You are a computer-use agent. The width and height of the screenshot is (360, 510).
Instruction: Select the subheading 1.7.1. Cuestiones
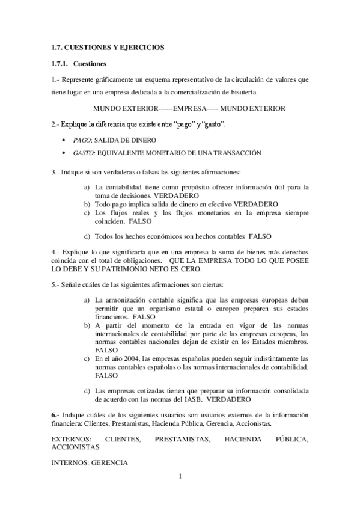coord(78,63)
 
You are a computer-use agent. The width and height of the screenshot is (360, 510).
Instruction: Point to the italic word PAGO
coord(81,140)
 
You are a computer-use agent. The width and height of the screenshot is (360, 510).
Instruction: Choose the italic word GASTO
coord(83,153)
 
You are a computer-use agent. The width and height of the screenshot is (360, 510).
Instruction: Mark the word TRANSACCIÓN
coord(234,153)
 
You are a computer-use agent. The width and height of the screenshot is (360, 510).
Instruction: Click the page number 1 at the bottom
coord(180,478)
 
